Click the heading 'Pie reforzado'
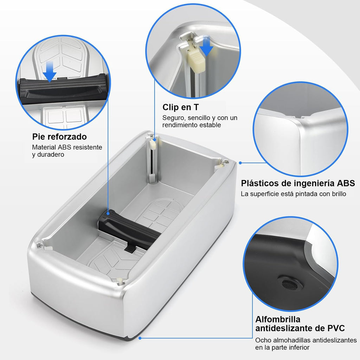tap(59, 136)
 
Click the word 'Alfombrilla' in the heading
tap(278, 319)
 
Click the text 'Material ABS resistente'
tap(67, 147)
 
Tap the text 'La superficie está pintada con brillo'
tap(293, 194)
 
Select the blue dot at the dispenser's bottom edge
tap(140, 338)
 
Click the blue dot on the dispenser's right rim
tap(240, 163)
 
